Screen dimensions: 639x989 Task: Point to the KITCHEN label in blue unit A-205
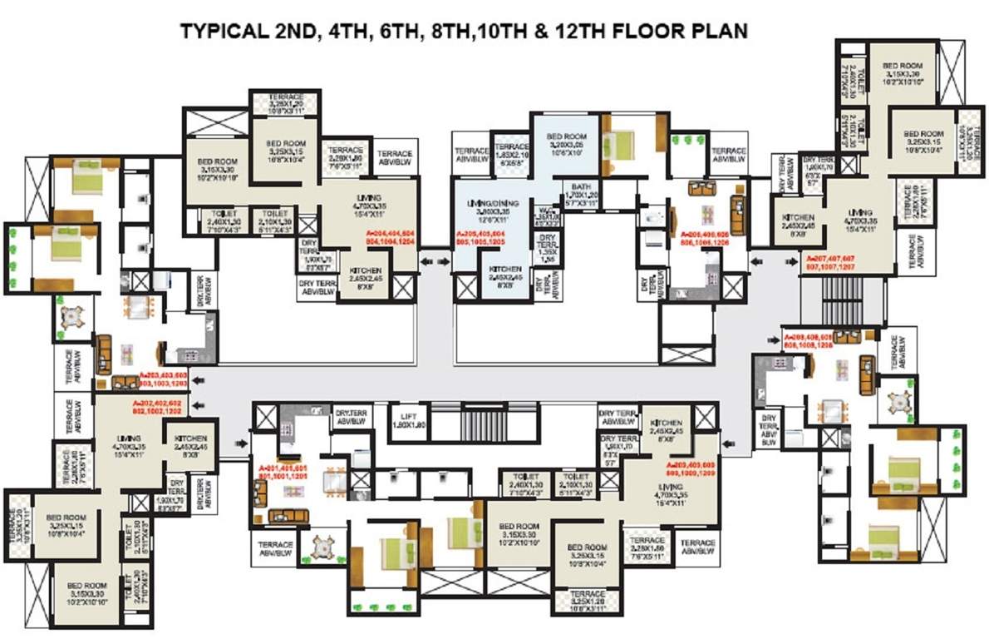(504, 274)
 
